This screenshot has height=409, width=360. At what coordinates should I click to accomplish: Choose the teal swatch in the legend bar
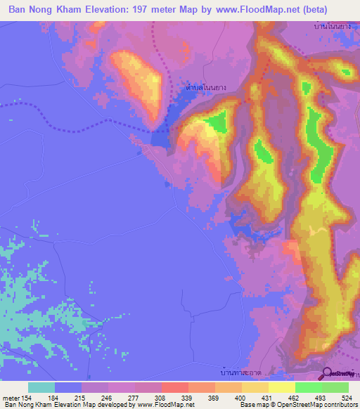pyautogui.click(x=41, y=387)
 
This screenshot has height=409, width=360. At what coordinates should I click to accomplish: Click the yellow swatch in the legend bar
pyautogui.click(x=282, y=387)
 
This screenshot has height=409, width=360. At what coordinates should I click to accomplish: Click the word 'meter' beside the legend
pyautogui.click(x=11, y=397)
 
